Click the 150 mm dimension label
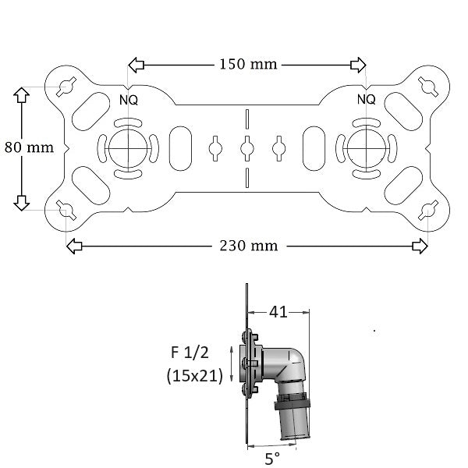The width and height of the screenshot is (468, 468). point(247,64)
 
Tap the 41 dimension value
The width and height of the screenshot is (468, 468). point(278,312)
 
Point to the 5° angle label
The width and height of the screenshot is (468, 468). point(272,459)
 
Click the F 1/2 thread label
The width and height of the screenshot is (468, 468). point(191,352)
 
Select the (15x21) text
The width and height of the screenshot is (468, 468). point(195,376)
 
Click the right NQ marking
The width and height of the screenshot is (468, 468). point(366,99)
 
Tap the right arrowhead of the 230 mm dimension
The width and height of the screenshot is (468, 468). point(420,246)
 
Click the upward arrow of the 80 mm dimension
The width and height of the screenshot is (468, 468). point(21,96)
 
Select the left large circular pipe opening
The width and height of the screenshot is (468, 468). point(124,146)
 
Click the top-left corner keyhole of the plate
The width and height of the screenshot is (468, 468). point(66,85)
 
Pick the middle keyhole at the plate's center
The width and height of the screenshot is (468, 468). point(246,146)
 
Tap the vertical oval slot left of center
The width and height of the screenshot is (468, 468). point(179,146)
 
